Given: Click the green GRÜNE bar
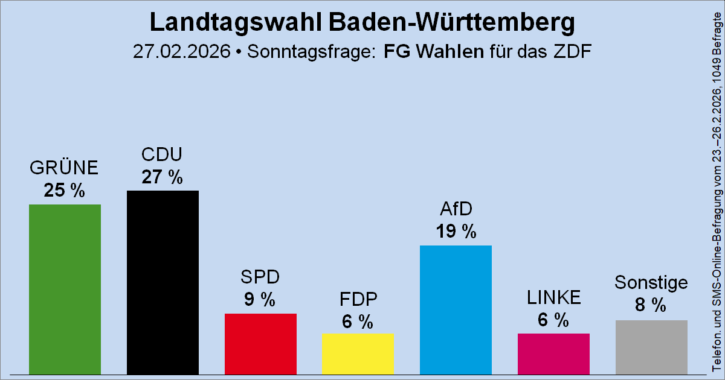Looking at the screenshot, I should [x=65, y=290].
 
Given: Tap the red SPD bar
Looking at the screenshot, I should [x=260, y=344].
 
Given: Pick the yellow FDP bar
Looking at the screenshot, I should [x=358, y=354].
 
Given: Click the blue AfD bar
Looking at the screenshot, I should [x=456, y=310].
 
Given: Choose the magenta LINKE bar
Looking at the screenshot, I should [x=553, y=354].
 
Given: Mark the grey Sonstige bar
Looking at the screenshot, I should [x=651, y=347].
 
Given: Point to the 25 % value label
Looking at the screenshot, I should [x=64, y=191].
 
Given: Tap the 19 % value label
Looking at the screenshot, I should [x=456, y=232].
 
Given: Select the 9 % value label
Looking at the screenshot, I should [x=260, y=300].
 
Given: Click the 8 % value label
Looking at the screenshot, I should [x=651, y=306].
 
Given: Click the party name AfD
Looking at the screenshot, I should [x=456, y=210].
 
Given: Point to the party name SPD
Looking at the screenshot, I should [x=260, y=278].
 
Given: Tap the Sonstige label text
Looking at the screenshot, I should [x=651, y=283].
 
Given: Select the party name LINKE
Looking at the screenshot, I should [x=553, y=297].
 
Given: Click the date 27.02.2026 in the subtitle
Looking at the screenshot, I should [x=182, y=52].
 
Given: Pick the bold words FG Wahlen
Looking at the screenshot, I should [x=434, y=52].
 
